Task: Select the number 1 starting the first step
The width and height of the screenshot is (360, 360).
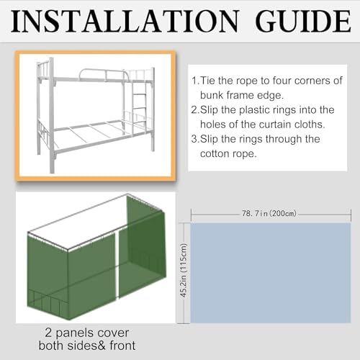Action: coord(197,81)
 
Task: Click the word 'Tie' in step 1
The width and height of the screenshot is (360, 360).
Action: coord(212,81)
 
